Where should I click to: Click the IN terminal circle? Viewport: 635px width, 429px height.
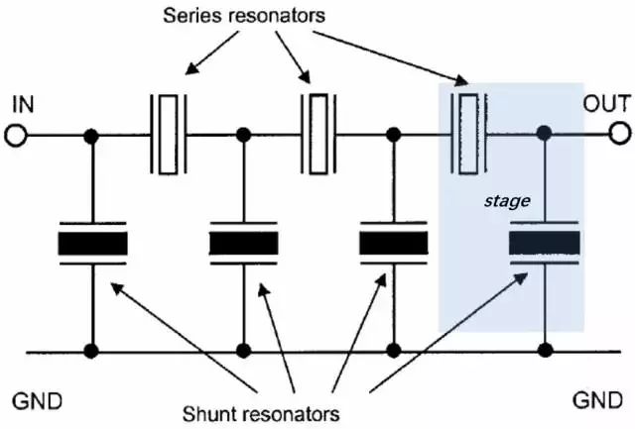[16, 135]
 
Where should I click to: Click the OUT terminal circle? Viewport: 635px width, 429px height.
[620, 134]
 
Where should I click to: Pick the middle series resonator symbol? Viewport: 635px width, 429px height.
[317, 134]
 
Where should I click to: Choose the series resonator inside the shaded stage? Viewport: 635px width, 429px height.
[467, 134]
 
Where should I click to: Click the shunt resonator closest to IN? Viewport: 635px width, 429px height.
[92, 244]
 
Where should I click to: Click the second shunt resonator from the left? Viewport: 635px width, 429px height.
[243, 244]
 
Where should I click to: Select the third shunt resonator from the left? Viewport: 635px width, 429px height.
[393, 244]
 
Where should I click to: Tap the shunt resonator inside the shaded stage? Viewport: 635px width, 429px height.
[544, 244]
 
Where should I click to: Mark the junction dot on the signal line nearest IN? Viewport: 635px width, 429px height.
[92, 135]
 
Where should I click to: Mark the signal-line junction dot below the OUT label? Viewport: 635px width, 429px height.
[544, 134]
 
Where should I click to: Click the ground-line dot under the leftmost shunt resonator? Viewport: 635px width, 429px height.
[92, 350]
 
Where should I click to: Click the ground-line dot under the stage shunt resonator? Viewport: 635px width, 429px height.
[544, 350]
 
